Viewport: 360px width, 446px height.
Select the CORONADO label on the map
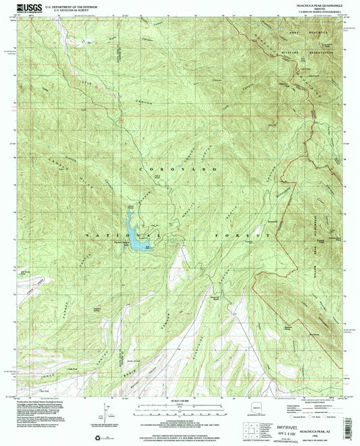coord(176,168)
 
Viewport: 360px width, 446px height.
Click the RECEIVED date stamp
coord(297,413)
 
